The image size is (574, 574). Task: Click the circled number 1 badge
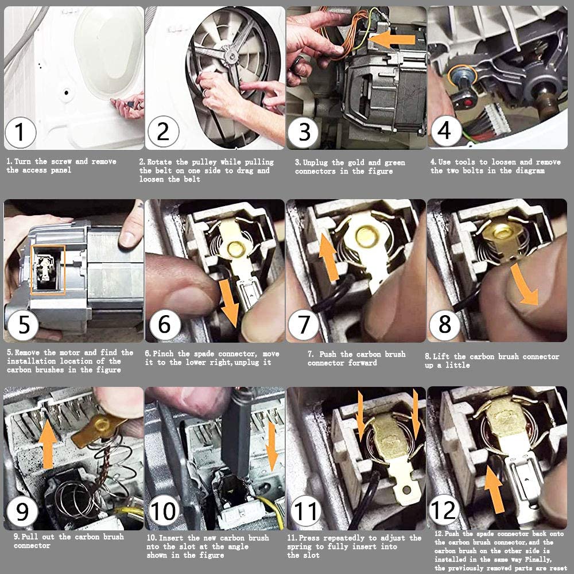click(x=20, y=132)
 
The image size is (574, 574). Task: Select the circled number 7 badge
click(x=304, y=324)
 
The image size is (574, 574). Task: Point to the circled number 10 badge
click(x=163, y=510)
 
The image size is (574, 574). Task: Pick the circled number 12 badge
click(x=444, y=510)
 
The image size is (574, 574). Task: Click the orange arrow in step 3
click(x=392, y=40)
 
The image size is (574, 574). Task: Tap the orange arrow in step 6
click(x=229, y=303)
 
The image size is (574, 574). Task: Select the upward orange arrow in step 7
click(x=328, y=257)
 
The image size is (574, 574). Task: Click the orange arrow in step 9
click(x=48, y=444)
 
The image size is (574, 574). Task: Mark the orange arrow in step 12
click(x=494, y=490)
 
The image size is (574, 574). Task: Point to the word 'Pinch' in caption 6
click(x=163, y=354)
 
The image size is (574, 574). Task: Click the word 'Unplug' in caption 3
click(x=315, y=162)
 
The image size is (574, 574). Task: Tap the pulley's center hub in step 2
click(x=231, y=56)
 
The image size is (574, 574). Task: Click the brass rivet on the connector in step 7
click(x=366, y=236)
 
